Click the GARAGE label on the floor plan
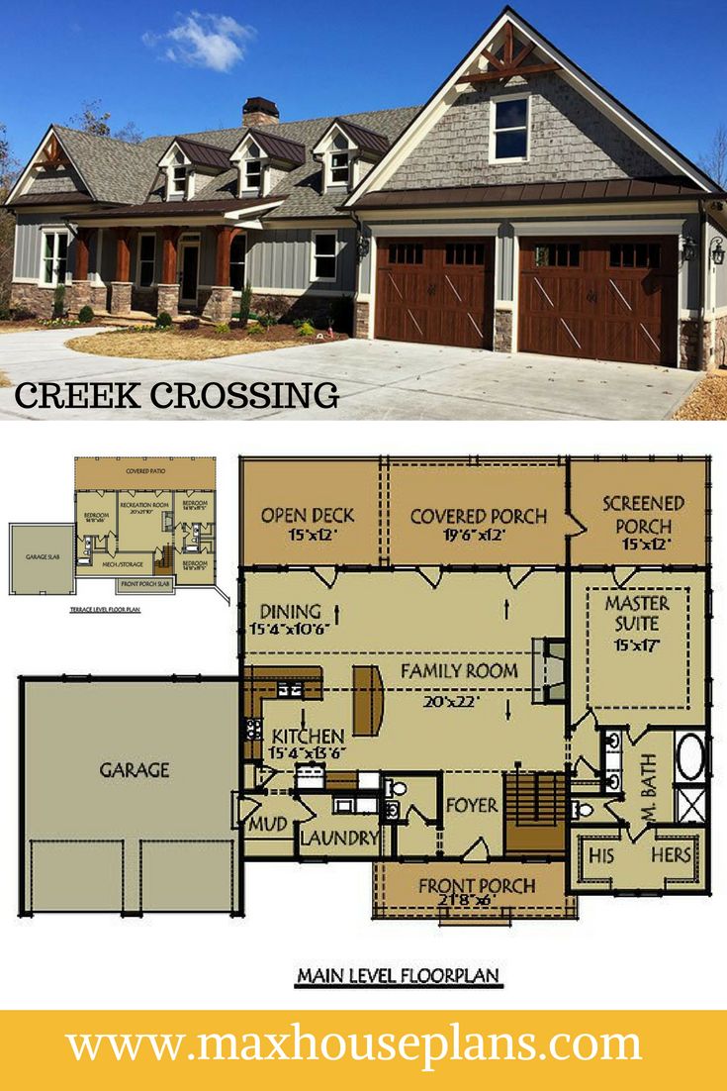tap(134, 768)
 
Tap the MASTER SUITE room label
tap(636, 614)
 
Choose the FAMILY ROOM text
tap(459, 670)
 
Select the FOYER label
tap(472, 805)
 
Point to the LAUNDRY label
tap(339, 839)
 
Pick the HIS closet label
tap(601, 854)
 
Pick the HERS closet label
tap(670, 854)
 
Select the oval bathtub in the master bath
tap(690, 756)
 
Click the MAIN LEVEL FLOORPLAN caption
tap(399, 976)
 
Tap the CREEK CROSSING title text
tap(176, 394)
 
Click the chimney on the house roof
tap(260, 111)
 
